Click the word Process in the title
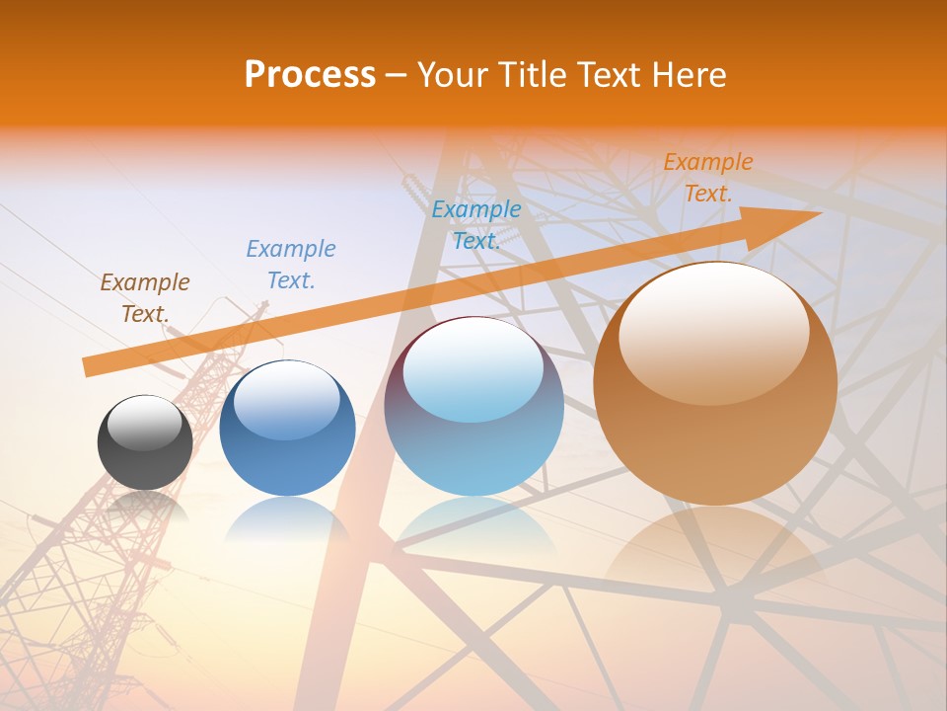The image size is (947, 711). pyautogui.click(x=310, y=75)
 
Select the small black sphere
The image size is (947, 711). pyautogui.click(x=145, y=443)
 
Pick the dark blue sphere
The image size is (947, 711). pyautogui.click(x=287, y=429)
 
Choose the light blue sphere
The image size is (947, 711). pyautogui.click(x=473, y=407)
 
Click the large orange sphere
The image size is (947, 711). pyautogui.click(x=715, y=385)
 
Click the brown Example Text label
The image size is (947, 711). pyautogui.click(x=145, y=297)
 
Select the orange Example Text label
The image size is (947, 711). pyautogui.click(x=707, y=178)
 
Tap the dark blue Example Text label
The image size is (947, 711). pyautogui.click(x=291, y=264)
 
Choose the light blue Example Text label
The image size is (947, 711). pyautogui.click(x=476, y=224)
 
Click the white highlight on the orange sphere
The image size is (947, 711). pyautogui.click(x=714, y=331)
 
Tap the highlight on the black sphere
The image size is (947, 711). pyautogui.click(x=144, y=423)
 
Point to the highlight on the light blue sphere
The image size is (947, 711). pyautogui.click(x=473, y=367)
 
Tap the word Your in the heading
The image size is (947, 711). pyautogui.click(x=449, y=75)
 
